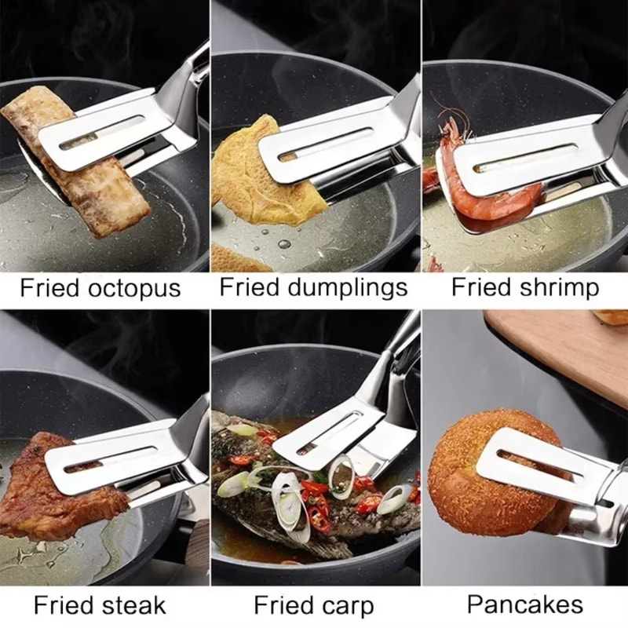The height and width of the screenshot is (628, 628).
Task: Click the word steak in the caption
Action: (133, 606)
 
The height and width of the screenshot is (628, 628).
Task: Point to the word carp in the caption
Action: (349, 606)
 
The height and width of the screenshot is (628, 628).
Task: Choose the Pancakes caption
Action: (525, 604)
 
